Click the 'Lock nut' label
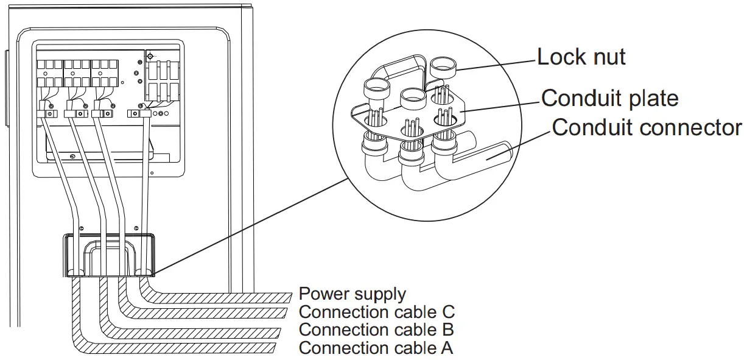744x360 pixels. point(581,57)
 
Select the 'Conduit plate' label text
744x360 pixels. point(609,97)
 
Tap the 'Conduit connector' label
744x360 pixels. point(647,127)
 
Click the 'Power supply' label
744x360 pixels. point(352,294)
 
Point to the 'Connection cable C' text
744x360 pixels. point(376,312)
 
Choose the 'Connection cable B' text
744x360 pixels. point(376,330)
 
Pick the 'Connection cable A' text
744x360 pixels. point(376,348)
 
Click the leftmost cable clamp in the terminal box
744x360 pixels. point(46,114)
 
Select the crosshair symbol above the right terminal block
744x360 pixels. point(150,56)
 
